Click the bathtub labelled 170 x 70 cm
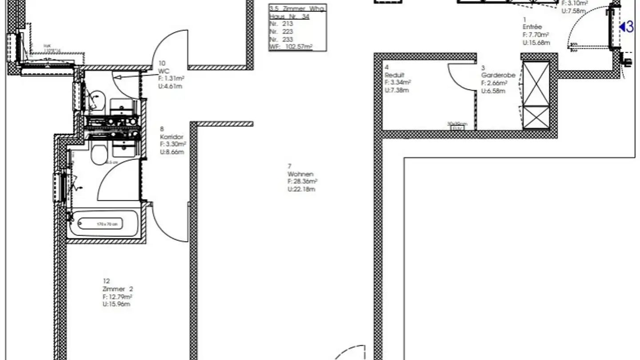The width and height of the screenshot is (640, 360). (x=107, y=224)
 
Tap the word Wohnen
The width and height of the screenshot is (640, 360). (x=300, y=174)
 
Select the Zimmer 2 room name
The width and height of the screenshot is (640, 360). (x=117, y=289)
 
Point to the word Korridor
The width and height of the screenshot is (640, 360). (x=172, y=137)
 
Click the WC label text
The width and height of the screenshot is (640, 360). (x=164, y=71)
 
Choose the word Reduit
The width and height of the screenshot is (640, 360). (x=394, y=75)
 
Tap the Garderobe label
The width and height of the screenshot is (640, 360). (x=498, y=75)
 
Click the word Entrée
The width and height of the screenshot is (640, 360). (x=532, y=27)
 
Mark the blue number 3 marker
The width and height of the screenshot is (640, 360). (x=628, y=27)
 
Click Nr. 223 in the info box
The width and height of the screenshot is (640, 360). (x=281, y=32)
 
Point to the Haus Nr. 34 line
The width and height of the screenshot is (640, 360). (x=289, y=16)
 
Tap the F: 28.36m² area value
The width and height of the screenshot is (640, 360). (x=303, y=181)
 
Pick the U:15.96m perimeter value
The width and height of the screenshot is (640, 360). (x=116, y=304)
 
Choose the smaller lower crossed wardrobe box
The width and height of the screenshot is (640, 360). (x=536, y=117)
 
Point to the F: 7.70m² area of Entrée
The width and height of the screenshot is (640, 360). (x=536, y=35)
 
